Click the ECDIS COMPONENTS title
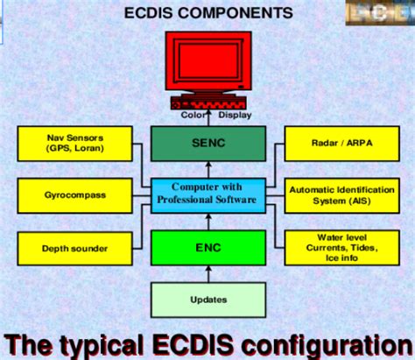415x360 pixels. click(x=207, y=14)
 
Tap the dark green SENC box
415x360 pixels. click(x=207, y=143)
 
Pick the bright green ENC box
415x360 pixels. click(x=207, y=247)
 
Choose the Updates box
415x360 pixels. click(x=207, y=300)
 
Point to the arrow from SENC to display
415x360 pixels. click(x=207, y=121)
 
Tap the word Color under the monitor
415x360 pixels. click(x=192, y=114)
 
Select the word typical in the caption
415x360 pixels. click(x=116, y=342)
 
